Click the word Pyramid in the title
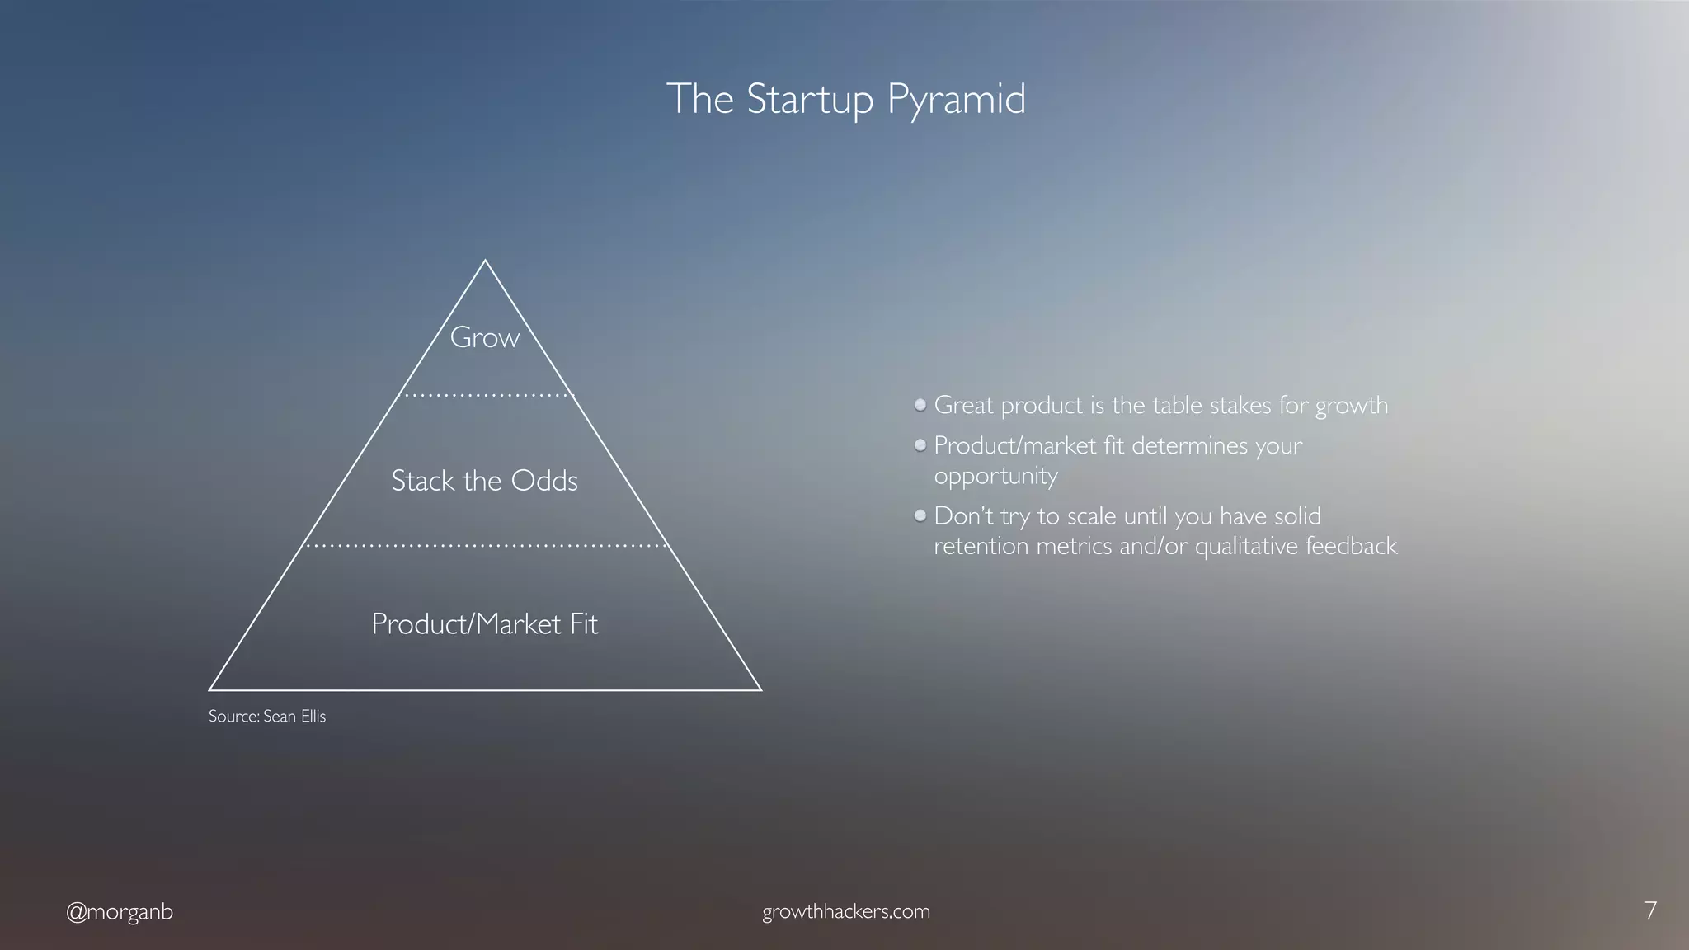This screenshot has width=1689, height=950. click(956, 100)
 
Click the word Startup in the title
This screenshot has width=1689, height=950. click(808, 100)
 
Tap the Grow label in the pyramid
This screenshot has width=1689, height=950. click(484, 338)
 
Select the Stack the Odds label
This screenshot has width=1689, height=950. click(484, 481)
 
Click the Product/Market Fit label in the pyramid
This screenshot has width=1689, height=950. click(484, 624)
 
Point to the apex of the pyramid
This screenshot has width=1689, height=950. click(485, 261)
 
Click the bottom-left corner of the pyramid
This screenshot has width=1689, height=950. click(211, 689)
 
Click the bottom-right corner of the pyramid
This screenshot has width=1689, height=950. click(759, 689)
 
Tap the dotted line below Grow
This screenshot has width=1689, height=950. click(485, 396)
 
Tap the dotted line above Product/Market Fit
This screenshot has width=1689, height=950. click(485, 546)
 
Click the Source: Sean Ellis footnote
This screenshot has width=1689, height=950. click(267, 717)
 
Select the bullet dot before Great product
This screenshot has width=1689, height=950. click(920, 405)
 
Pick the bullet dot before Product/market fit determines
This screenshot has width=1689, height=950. click(920, 445)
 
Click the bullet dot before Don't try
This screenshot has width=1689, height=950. click(920, 516)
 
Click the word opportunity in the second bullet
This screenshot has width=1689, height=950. click(995, 477)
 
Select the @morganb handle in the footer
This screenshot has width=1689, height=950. click(120, 912)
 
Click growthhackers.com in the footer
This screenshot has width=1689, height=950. click(845, 912)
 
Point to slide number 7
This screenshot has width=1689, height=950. click(1649, 911)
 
